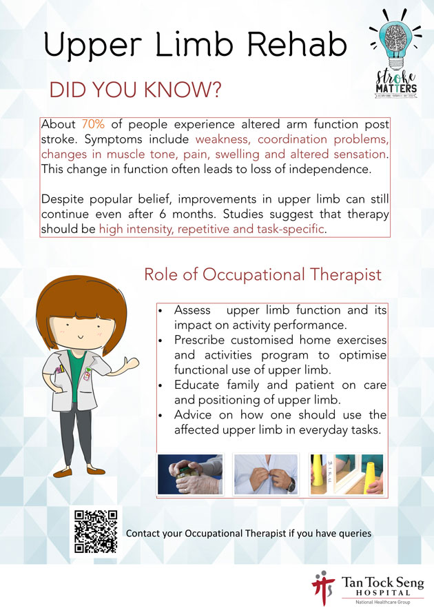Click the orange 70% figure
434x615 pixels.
[93, 124]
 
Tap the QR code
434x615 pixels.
[96, 532]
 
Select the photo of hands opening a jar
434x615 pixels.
[190, 474]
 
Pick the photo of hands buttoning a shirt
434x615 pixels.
[266, 474]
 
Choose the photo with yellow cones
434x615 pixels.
[347, 474]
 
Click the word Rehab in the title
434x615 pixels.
[297, 44]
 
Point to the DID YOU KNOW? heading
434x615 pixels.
[135, 90]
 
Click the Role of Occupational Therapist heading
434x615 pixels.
[262, 274]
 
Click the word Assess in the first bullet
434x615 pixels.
[192, 310]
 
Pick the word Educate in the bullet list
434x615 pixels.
[196, 385]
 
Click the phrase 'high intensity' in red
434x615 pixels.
[135, 229]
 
